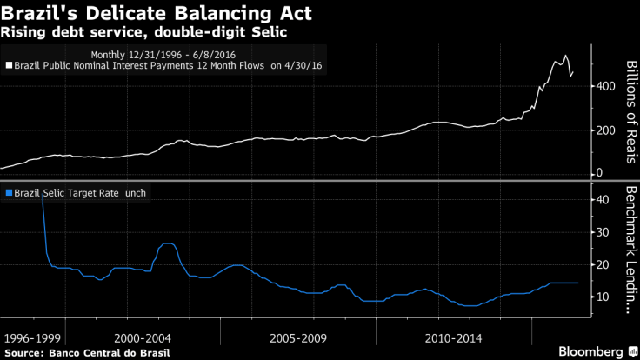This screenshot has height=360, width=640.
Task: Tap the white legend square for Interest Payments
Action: click(10, 64)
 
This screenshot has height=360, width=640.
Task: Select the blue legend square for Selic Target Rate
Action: click(9, 192)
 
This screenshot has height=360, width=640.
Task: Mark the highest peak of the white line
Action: click(566, 57)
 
